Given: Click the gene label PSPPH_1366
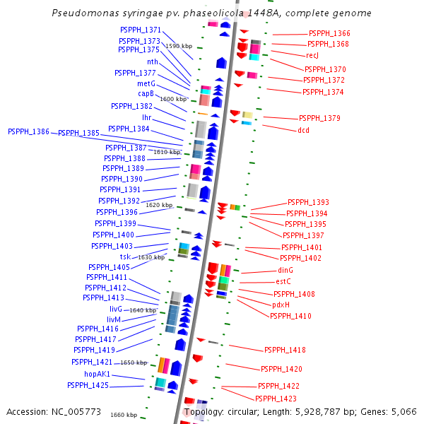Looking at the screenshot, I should point(329,34).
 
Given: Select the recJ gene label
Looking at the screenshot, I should point(312,55).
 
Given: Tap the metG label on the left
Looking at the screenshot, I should point(146,83).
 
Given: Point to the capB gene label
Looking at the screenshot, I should point(146,93).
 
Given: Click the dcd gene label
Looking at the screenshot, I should point(303,130).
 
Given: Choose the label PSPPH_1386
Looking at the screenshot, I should point(28,132).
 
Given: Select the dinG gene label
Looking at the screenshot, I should point(285,271).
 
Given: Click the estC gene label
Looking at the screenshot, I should point(283,282).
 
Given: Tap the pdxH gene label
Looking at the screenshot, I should point(281,305).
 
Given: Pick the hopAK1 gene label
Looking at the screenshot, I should point(97,374).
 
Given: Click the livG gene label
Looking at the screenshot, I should point(116,310).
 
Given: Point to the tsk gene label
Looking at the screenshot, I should point(125,257).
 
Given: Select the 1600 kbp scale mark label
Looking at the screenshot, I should point(172,100).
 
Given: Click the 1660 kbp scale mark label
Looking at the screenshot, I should point(124,415).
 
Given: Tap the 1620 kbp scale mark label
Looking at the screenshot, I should point(159,205).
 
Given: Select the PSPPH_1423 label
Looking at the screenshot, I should point(277,399).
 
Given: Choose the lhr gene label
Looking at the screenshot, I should point(146,117).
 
